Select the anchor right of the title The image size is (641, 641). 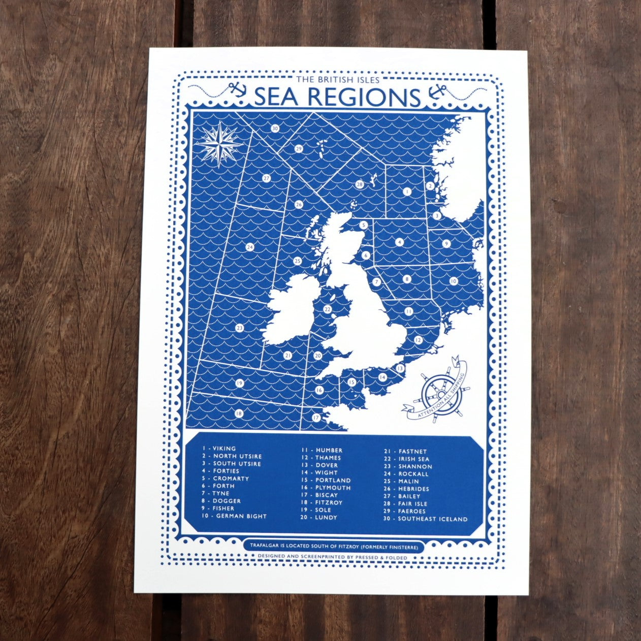[x=436, y=92]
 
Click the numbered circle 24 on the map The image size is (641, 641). [x=249, y=247]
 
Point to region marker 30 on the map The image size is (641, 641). [x=275, y=129]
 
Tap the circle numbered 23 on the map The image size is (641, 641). [x=240, y=329]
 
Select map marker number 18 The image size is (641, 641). [x=239, y=413]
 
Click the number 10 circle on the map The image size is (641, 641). [x=453, y=281]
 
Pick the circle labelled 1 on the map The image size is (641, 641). [x=407, y=191]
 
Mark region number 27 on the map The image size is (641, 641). [x=266, y=178]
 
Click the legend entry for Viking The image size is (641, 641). [x=219, y=448]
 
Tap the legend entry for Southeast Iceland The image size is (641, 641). [x=426, y=519]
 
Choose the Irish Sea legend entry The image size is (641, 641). [x=406, y=459]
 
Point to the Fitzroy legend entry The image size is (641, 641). [x=322, y=502]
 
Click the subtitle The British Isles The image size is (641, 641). [x=337, y=79]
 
